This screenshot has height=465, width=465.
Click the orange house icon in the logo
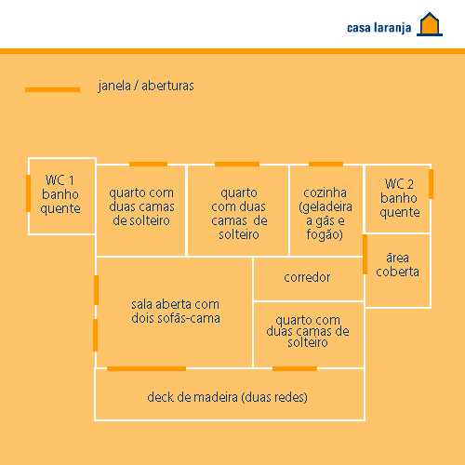[430, 24]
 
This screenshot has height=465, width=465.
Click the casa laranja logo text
[379, 28]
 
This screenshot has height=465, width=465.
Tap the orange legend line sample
[52, 89]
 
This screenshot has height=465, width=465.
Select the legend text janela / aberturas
[146, 86]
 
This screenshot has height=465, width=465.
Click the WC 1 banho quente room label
[60, 194]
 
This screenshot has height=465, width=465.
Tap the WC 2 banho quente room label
[399, 198]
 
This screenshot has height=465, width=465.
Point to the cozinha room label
[325, 214]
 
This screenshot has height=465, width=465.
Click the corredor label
[307, 277]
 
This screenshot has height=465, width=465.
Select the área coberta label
[397, 265]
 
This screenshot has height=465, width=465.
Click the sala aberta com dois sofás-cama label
[176, 312]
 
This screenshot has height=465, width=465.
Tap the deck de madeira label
[227, 397]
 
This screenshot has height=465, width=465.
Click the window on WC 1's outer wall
[28, 193]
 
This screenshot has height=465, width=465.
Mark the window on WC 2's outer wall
[431, 184]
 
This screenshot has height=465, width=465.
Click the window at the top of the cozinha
[325, 164]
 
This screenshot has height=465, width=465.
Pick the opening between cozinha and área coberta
[365, 254]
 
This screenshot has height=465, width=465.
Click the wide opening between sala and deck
[146, 368]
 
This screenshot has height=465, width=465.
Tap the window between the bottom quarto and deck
[295, 368]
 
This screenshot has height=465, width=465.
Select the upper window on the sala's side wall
[96, 290]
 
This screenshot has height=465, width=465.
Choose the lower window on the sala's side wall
[96, 335]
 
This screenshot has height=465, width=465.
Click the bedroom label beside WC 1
[141, 206]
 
